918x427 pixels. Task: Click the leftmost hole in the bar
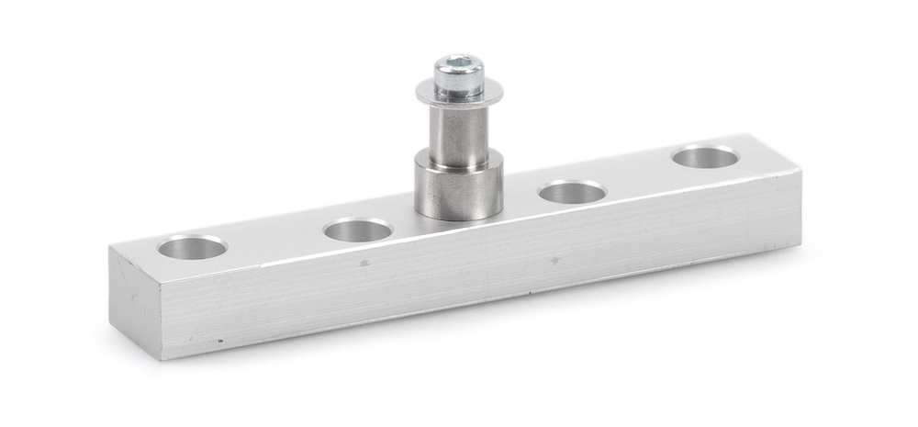(192, 247)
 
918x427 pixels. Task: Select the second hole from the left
(358, 230)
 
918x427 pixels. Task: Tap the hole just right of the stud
(571, 193)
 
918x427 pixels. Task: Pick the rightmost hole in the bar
(705, 157)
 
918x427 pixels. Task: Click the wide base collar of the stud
(459, 191)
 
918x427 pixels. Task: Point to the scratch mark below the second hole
(364, 263)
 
